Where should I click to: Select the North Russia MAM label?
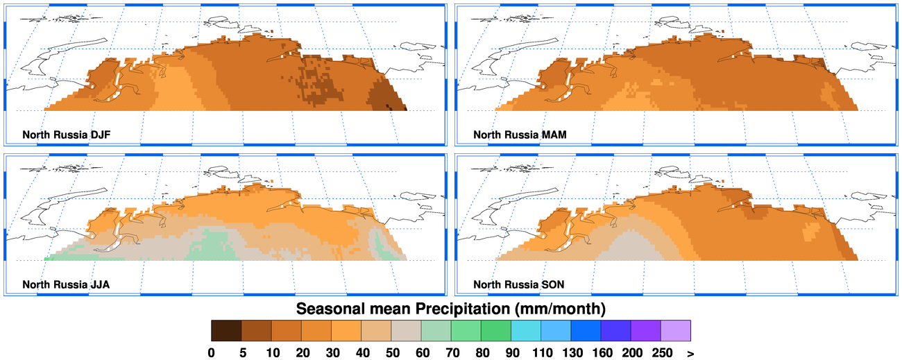520,134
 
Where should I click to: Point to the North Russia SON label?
519,284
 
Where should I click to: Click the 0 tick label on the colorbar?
211,352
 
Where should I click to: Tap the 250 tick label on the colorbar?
662,352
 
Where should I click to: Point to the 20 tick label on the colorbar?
301,352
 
